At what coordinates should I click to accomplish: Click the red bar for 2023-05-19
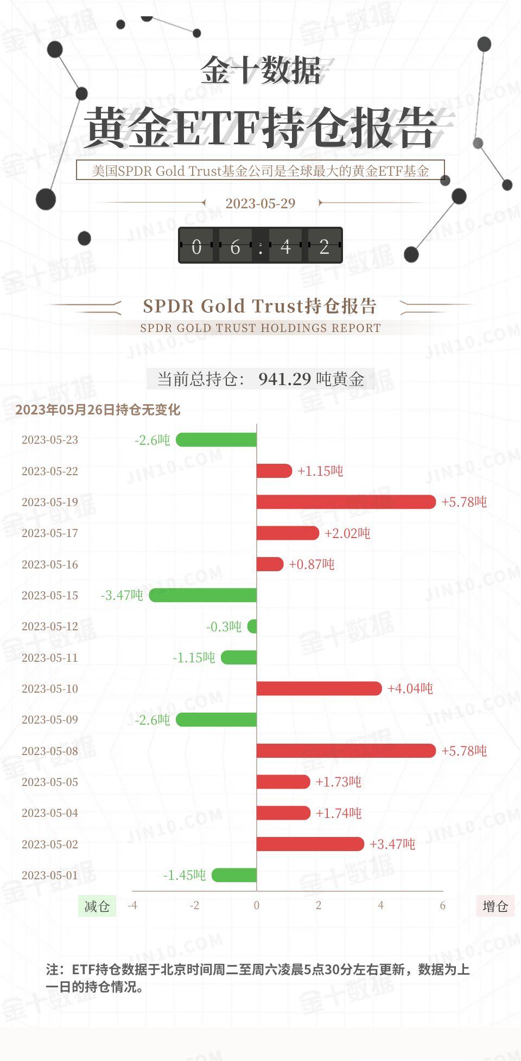tap(346, 502)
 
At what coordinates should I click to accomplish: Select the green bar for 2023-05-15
tap(203, 595)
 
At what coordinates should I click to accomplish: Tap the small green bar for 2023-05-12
tap(252, 627)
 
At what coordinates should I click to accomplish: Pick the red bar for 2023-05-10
tap(319, 688)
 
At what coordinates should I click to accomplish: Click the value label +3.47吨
tap(392, 844)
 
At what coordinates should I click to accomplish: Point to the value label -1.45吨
tap(185, 875)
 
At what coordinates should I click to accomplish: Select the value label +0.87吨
tap(312, 564)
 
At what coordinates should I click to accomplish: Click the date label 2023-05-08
tap(50, 751)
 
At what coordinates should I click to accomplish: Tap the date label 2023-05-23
tap(50, 440)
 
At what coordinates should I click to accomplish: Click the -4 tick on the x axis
tap(132, 905)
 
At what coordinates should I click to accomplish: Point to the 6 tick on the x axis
tap(442, 905)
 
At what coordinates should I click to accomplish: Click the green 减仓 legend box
tap(97, 906)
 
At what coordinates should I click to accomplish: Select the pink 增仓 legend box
tap(495, 906)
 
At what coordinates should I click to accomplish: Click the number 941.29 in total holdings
tap(284, 379)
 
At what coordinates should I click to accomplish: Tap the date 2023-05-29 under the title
tap(260, 203)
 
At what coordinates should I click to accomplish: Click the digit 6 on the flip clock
tap(235, 246)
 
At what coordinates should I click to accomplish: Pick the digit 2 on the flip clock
tap(324, 246)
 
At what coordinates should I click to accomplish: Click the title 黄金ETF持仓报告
tap(260, 127)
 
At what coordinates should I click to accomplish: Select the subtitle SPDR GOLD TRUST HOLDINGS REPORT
tap(260, 328)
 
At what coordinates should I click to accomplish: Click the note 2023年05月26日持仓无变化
tap(98, 410)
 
